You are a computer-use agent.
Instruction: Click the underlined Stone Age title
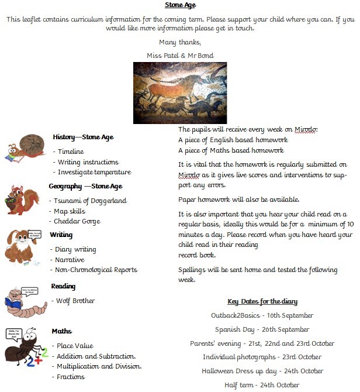[x=180, y=5]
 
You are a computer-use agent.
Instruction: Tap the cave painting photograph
[x=180, y=93]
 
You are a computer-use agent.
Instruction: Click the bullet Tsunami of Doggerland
[x=89, y=201]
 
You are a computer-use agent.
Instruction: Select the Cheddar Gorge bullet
[x=77, y=221]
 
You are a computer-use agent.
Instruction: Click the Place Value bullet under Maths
[x=74, y=346]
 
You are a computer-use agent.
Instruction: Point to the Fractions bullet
[x=71, y=377]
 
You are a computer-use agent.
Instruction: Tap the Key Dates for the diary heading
[x=262, y=301]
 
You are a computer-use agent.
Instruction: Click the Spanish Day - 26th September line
[x=262, y=329]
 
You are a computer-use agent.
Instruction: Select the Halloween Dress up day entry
[x=262, y=371]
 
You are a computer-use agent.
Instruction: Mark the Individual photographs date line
[x=262, y=357]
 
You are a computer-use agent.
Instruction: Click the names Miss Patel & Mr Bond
[x=180, y=56]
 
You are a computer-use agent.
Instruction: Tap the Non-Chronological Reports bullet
[x=95, y=270]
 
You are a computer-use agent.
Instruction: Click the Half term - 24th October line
[x=262, y=385]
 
